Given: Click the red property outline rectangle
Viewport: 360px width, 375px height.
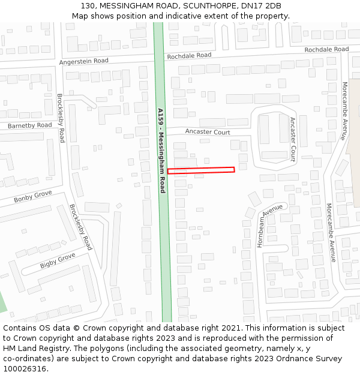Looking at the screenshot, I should pos(200,170).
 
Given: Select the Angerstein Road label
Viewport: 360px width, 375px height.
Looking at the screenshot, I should pos(84,61).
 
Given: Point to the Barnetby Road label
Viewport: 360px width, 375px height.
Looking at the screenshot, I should pos(30,125).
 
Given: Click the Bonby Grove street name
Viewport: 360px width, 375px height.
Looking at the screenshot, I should pos(33,197).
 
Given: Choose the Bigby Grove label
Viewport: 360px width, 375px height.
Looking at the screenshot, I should pos(58,261).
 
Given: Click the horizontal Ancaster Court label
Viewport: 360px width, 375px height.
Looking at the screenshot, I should pos(208,132).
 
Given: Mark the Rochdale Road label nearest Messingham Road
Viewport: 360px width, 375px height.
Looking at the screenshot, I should pos(190,56).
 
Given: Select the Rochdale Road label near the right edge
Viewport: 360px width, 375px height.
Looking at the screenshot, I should pos(326,49).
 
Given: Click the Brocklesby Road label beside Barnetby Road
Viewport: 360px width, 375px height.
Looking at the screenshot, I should pos(61,118).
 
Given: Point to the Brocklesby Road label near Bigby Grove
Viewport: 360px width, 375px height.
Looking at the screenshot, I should pos(81,227).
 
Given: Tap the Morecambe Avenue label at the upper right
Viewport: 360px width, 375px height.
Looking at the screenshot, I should pos(344,110).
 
